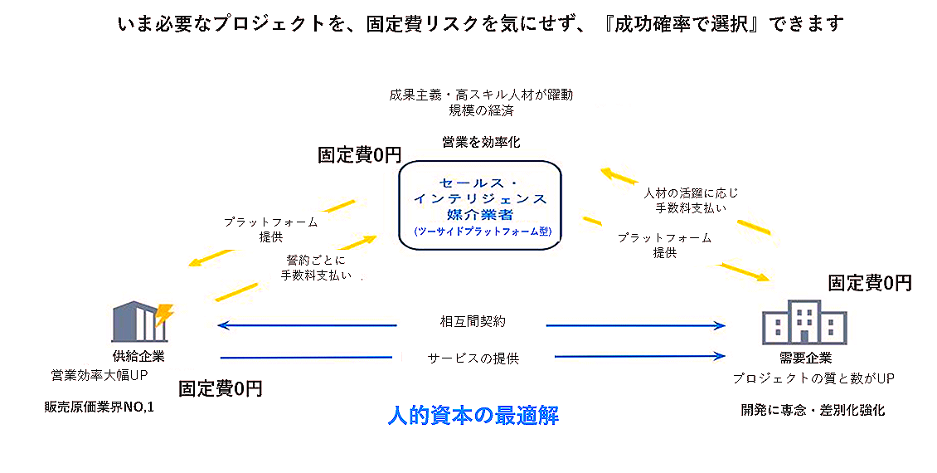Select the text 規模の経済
tap(481, 110)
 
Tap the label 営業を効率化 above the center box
tap(481, 142)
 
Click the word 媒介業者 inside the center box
tap(481, 214)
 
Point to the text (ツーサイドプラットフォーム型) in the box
tap(481, 232)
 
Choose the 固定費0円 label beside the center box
tap(359, 155)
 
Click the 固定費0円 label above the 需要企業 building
tap(870, 283)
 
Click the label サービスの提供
tap(473, 358)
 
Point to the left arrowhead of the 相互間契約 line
tap(221, 324)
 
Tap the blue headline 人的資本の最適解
tap(473, 415)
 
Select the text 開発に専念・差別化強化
tap(813, 410)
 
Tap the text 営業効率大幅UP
tap(100, 375)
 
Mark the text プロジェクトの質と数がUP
tap(813, 378)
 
